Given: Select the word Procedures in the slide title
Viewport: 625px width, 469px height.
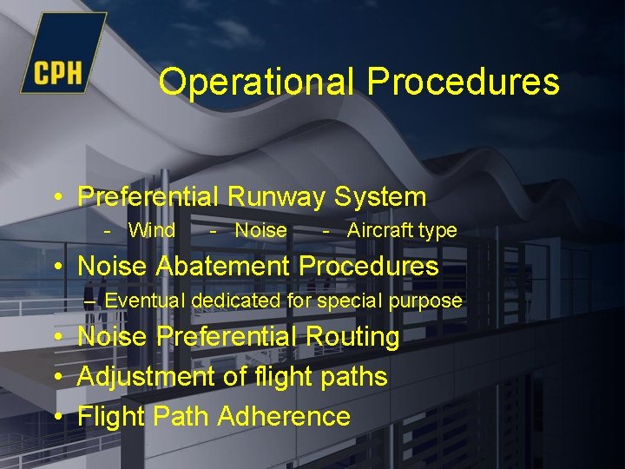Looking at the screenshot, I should (x=463, y=82).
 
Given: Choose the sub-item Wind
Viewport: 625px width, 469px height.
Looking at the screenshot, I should (x=151, y=230).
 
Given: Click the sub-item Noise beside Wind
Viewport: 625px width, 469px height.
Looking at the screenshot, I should (x=260, y=230).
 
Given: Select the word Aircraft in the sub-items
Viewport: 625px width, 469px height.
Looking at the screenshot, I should (x=379, y=230).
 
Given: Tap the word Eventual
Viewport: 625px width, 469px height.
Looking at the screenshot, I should (x=145, y=301).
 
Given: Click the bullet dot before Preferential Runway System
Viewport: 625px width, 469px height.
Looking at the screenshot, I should (x=57, y=198).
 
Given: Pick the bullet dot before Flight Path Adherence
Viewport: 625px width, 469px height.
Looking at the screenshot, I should (x=57, y=417).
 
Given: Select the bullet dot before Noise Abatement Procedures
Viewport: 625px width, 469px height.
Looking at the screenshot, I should (x=57, y=267).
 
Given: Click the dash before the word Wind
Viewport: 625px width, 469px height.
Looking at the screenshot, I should (x=108, y=231).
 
